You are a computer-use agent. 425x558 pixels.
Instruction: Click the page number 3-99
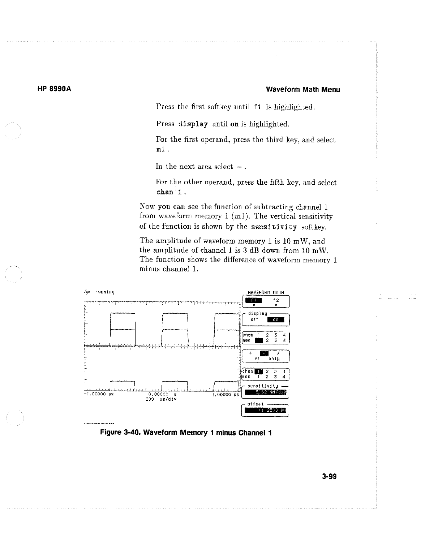tap(329, 477)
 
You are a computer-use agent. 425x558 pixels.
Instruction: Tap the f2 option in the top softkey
tap(276, 301)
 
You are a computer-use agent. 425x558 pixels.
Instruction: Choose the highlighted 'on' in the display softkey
tap(276, 319)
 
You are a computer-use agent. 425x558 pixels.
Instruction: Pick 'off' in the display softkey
tap(254, 319)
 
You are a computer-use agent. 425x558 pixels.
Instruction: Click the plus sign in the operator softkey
tap(251, 353)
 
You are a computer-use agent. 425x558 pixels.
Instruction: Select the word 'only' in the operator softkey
tap(274, 359)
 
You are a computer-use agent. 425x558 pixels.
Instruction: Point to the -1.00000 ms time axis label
tap(99, 394)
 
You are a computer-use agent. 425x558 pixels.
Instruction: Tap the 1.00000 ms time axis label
tap(227, 394)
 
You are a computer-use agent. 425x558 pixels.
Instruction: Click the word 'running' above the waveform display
tap(104, 292)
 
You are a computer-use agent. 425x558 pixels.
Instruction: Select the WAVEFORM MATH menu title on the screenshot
tap(266, 292)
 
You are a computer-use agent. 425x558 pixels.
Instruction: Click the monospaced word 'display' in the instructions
tap(193, 124)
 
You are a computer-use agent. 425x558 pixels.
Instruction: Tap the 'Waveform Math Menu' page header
tap(303, 89)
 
